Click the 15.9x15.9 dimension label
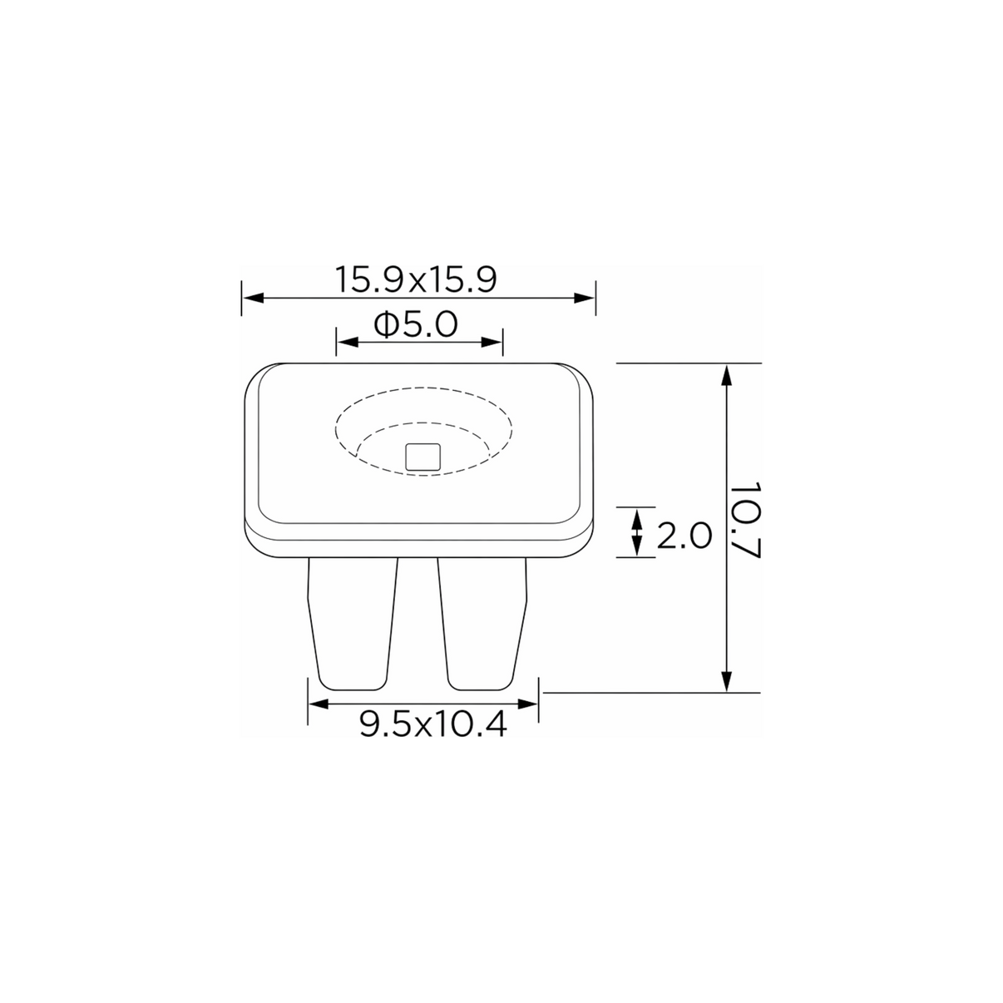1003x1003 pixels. [x=415, y=279]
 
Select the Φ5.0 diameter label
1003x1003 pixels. [x=415, y=324]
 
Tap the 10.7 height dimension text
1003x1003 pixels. [x=745, y=520]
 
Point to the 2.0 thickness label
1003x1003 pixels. [x=684, y=536]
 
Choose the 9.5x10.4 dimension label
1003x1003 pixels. [x=432, y=724]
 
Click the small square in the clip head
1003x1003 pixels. [x=422, y=457]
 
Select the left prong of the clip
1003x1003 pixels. [x=353, y=624]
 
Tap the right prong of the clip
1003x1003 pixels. [x=482, y=624]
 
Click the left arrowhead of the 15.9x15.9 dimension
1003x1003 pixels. [x=254, y=298]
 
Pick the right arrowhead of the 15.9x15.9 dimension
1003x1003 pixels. [x=584, y=298]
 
